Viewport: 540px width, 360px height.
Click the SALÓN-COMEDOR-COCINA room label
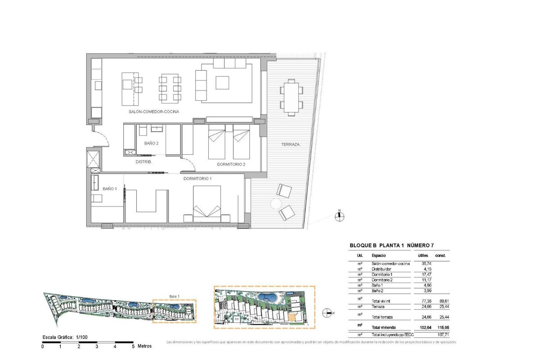point(144,112)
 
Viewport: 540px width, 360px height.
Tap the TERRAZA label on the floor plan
point(290,144)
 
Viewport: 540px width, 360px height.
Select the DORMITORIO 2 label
point(231,164)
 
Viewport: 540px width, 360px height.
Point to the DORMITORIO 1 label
point(197,179)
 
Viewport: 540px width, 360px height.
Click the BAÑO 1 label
point(109,189)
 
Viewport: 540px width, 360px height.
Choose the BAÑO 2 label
point(152,144)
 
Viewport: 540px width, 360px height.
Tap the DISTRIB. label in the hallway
point(144,162)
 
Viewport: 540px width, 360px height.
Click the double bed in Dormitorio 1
point(207,203)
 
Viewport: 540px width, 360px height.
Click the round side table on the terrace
point(274,204)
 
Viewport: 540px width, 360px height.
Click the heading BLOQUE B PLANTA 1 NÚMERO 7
point(392,246)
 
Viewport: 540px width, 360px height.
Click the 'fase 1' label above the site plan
point(175,296)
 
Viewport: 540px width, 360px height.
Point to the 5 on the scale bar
point(133,346)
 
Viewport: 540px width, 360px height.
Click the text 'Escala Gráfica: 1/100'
point(65,337)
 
